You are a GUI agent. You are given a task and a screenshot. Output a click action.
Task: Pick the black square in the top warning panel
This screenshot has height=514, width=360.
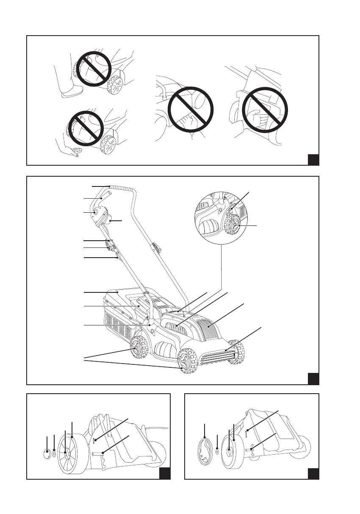(x=313, y=160)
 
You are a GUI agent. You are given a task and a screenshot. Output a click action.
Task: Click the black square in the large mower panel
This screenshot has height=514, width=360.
(x=313, y=378)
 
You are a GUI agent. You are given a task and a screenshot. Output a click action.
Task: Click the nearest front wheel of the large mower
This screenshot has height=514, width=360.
(x=187, y=360)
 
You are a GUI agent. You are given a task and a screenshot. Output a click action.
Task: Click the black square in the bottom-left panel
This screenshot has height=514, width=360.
(x=165, y=474)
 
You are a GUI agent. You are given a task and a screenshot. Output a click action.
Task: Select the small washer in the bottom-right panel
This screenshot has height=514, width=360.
(x=217, y=451)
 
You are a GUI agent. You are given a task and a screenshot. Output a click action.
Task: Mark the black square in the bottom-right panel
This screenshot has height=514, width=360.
(x=313, y=474)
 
